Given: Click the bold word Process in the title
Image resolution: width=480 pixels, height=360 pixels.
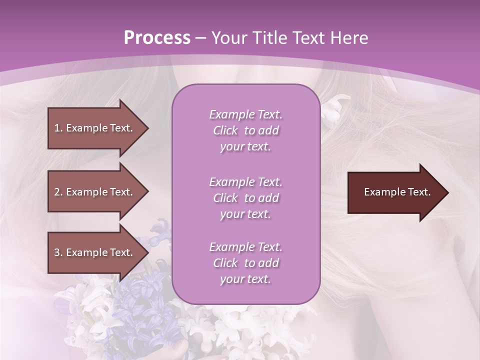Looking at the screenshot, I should click(157, 38).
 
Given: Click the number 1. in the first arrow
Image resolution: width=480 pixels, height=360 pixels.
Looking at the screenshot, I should click(58, 128).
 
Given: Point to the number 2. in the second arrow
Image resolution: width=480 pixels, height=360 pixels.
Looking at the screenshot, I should click(58, 192).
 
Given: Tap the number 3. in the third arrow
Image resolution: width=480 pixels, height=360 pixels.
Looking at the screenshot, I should click(58, 252).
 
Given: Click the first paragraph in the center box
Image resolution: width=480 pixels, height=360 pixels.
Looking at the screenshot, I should click(245, 130).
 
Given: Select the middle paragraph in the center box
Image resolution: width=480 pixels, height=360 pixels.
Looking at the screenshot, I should click(245, 198).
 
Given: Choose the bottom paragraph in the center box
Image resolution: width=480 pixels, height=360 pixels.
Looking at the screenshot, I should click(245, 263).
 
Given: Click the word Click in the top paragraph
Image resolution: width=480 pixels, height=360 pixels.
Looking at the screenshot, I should click(225, 130).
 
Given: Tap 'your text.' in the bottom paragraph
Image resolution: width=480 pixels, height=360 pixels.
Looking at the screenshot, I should click(245, 279).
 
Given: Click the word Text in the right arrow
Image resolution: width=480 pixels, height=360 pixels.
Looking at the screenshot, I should click(419, 192).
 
